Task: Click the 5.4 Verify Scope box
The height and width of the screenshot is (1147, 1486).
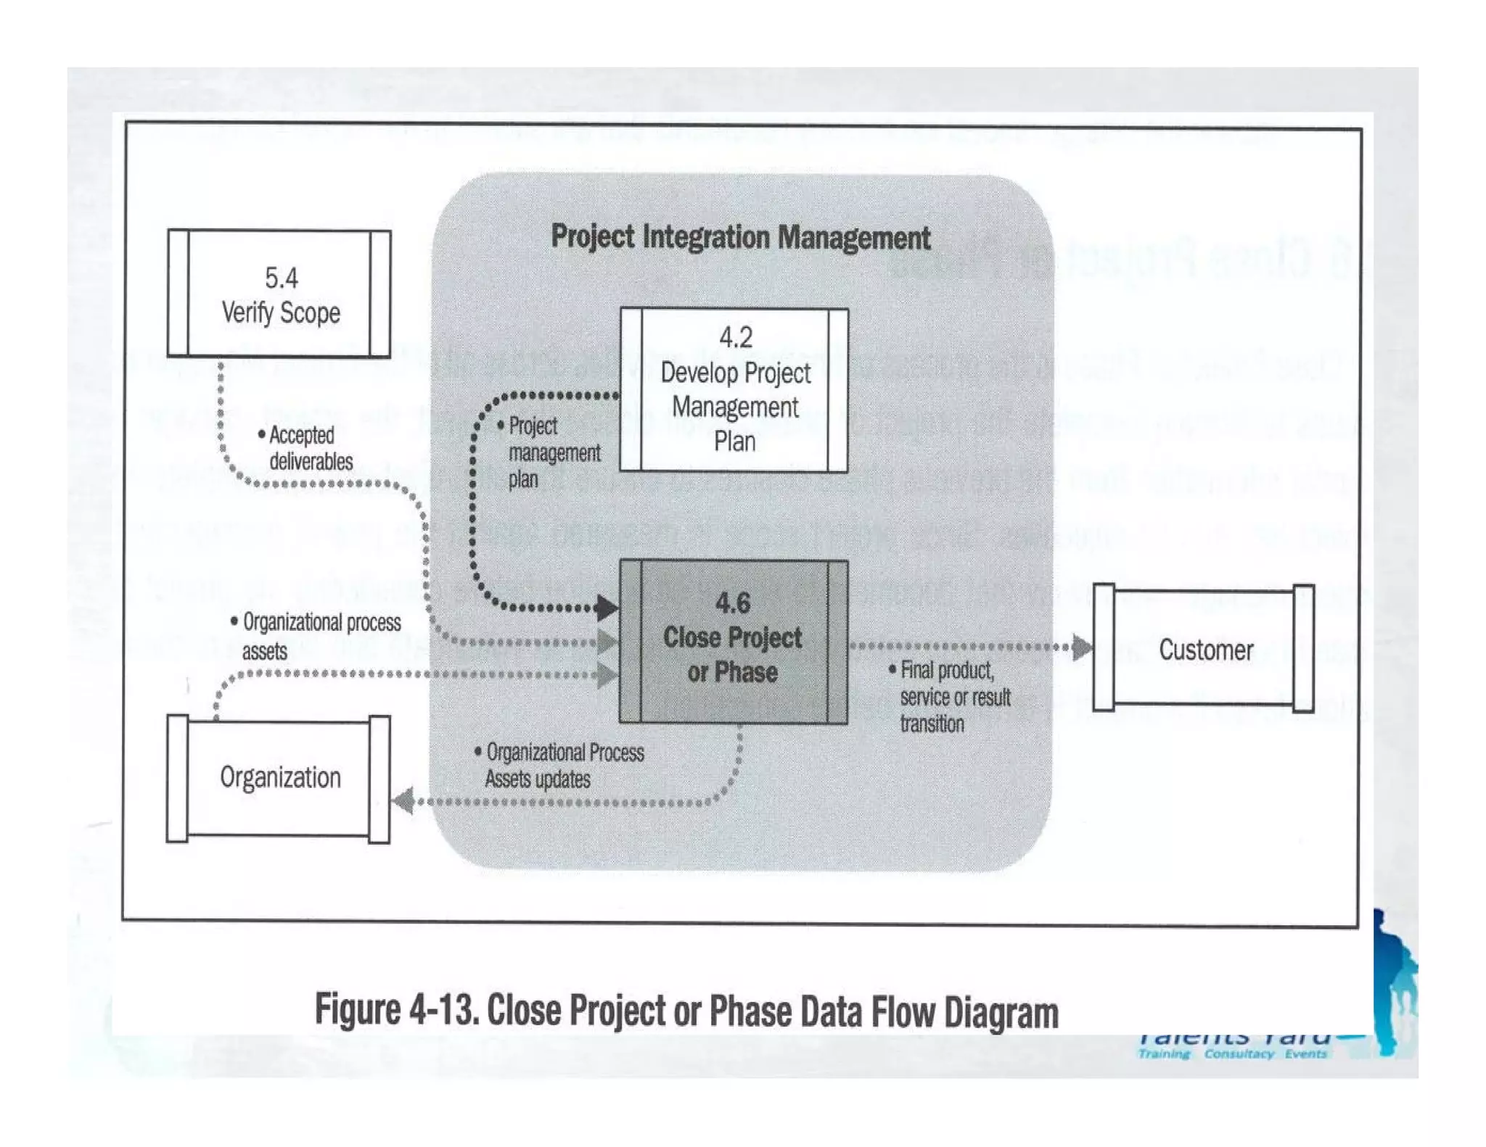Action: coord(279,294)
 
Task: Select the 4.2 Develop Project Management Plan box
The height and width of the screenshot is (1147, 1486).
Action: coord(734,390)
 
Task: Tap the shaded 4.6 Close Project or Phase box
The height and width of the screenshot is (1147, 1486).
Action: coord(733,642)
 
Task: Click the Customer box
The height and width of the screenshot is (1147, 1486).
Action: coord(1204,649)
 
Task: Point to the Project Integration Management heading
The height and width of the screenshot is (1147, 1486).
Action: coord(740,237)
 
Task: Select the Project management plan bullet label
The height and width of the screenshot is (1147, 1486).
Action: coord(551,452)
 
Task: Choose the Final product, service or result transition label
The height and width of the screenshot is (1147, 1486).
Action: coord(951,696)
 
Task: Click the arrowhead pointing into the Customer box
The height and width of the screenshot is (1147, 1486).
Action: coord(1082,647)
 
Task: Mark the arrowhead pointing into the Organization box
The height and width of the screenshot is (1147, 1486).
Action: coord(403,800)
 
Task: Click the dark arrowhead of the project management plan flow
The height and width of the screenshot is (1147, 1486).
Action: coord(607,608)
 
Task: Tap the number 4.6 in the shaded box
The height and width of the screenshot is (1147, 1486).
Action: coord(733,603)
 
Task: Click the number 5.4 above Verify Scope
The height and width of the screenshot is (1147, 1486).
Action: coord(281,278)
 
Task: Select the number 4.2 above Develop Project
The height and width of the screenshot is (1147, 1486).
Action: coord(735,337)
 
